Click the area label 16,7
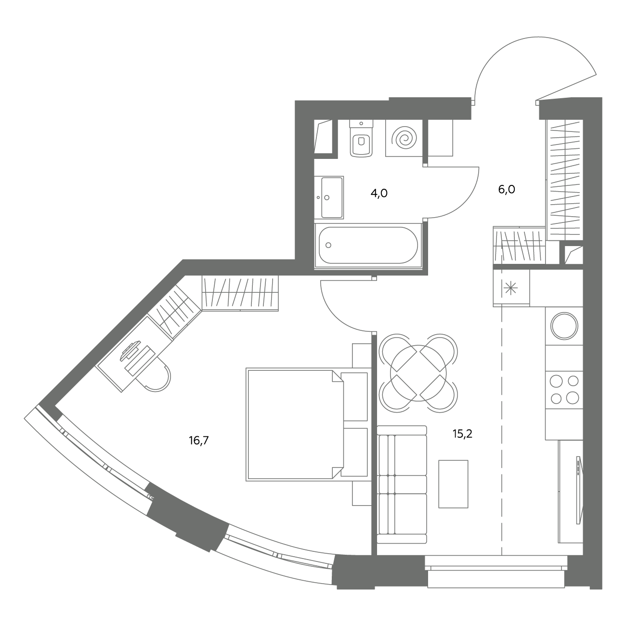pyautogui.click(x=198, y=441)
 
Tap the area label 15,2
pyautogui.click(x=462, y=434)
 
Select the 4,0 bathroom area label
pyautogui.click(x=379, y=194)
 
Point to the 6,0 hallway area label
pyautogui.click(x=507, y=189)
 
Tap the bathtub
pyautogui.click(x=368, y=245)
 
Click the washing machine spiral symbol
pyautogui.click(x=404, y=139)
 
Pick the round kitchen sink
pyautogui.click(x=564, y=326)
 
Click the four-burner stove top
pyautogui.click(x=564, y=390)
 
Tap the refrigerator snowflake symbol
pyautogui.click(x=510, y=288)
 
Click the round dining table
pyautogui.click(x=418, y=373)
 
